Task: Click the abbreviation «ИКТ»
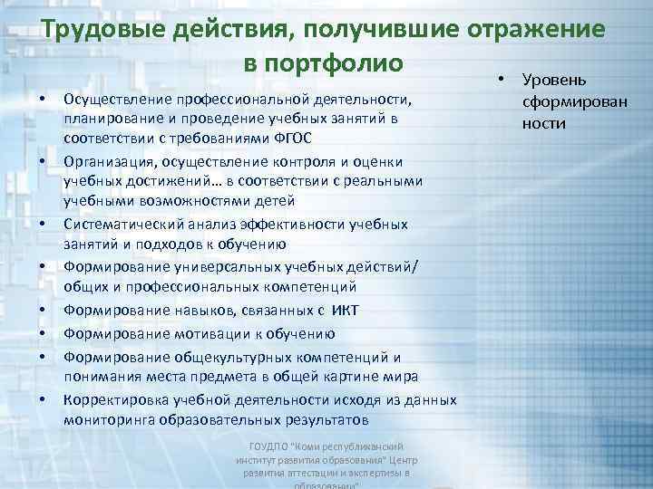[x=346, y=311]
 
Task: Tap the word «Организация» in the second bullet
[x=108, y=160]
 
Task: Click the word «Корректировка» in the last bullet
[x=116, y=400]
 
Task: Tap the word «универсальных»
[x=212, y=267]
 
